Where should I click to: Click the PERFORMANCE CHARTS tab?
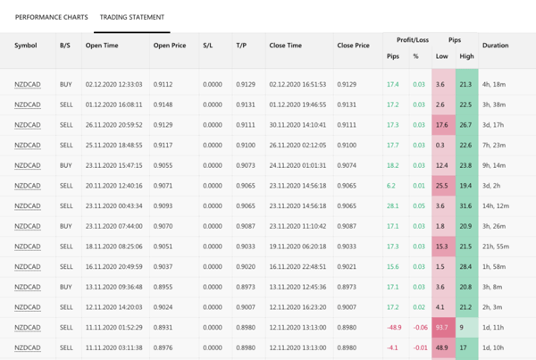pyautogui.click(x=51, y=17)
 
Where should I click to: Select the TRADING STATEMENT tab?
pyautogui.click(x=131, y=17)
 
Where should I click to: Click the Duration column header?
pyautogui.click(x=495, y=46)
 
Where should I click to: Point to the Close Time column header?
pyautogui.click(x=285, y=46)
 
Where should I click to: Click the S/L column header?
pyautogui.click(x=208, y=46)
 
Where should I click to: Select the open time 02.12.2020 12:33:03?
pyautogui.click(x=113, y=84)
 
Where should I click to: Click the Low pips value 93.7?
pyautogui.click(x=441, y=328)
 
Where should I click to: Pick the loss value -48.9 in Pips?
pyautogui.click(x=392, y=328)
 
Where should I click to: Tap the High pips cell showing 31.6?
pyautogui.click(x=465, y=206)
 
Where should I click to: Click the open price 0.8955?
pyautogui.click(x=163, y=288)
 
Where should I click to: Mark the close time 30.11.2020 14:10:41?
pyautogui.click(x=297, y=125)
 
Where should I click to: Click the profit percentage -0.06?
pyautogui.click(x=418, y=328)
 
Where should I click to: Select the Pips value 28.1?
pyautogui.click(x=392, y=206)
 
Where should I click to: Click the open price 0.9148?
pyautogui.click(x=163, y=105)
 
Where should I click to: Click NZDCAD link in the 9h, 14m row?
pyautogui.click(x=27, y=165)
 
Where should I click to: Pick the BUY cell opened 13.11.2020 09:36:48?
pyautogui.click(x=65, y=288)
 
